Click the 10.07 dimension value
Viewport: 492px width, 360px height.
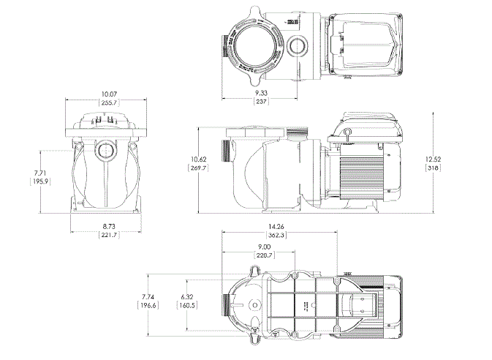click(109, 94)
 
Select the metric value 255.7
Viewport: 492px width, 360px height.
click(109, 103)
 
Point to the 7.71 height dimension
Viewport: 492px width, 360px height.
click(40, 173)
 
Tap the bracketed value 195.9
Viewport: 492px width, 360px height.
click(40, 181)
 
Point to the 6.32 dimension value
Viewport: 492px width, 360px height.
click(187, 297)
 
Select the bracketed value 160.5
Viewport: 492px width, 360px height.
click(187, 306)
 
